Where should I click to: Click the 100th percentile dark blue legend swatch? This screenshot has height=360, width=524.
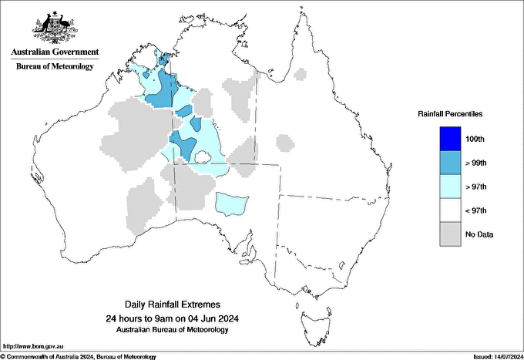pyautogui.click(x=451, y=140)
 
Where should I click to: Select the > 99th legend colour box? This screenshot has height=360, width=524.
pyautogui.click(x=451, y=163)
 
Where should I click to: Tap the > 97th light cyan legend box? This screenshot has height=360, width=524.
pyautogui.click(x=451, y=187)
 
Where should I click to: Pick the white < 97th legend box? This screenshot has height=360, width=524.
pyautogui.click(x=451, y=210)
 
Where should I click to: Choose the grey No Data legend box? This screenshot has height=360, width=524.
pyautogui.click(x=451, y=234)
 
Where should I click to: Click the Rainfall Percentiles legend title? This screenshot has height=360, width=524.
pyautogui.click(x=450, y=114)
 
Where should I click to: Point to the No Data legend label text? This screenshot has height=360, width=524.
pyautogui.click(x=479, y=234)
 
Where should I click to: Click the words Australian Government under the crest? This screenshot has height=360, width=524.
pyautogui.click(x=55, y=52)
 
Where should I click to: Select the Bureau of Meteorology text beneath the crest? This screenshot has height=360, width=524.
pyautogui.click(x=55, y=66)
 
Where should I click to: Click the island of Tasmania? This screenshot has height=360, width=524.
pyautogui.click(x=312, y=317)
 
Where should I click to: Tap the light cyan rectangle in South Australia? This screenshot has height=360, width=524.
pyautogui.click(x=231, y=204)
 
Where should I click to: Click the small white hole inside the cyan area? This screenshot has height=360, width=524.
pyautogui.click(x=203, y=158)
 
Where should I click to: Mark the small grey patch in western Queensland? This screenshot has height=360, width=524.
pyautogui.click(x=286, y=143)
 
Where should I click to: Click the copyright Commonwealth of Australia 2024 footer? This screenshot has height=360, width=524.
pyautogui.click(x=79, y=356)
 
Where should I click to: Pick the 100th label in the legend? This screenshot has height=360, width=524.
pyautogui.click(x=475, y=140)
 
